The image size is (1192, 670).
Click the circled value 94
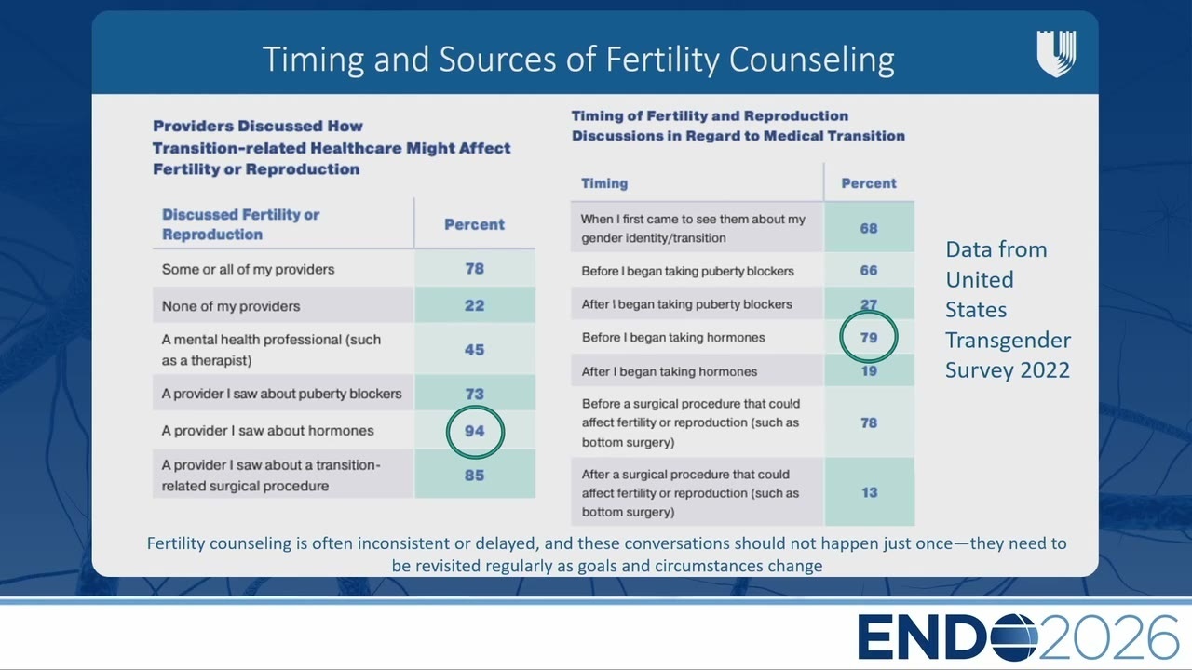pos(474,431)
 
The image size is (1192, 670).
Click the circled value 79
pos(869,338)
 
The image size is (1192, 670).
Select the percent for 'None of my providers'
pos(474,306)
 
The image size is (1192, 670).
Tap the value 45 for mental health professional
pos(474,350)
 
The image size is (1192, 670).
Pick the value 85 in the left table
pos(474,475)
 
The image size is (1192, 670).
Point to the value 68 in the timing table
pos(869,228)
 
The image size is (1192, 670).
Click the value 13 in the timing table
pos(869,492)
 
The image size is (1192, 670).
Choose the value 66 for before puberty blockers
pos(869,270)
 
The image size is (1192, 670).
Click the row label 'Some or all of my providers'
pos(248,269)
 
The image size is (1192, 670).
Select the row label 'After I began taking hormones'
pos(669,371)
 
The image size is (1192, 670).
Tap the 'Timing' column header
pos(604,183)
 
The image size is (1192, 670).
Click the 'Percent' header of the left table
pos(474,224)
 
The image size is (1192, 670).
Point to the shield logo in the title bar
pos(1056,53)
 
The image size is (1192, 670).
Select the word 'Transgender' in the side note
pos(1008,340)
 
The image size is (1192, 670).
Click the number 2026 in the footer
pos(1109,637)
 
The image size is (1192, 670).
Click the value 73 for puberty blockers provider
pos(474,394)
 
